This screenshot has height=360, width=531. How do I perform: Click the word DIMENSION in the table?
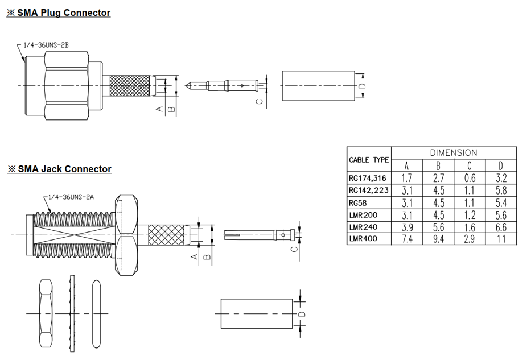coord(454,152)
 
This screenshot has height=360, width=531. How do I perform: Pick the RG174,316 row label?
coord(368,178)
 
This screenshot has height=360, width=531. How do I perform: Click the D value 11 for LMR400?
coord(501,239)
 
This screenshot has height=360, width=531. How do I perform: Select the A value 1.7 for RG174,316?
coord(407,178)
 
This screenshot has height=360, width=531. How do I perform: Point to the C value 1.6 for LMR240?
coord(470,227)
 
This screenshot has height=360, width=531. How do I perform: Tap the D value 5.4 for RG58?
coord(501,202)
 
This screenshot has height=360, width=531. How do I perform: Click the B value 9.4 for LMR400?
coord(438,239)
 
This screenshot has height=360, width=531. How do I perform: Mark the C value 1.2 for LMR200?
coord(470,215)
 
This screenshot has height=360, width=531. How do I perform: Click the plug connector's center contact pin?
coord(228,86)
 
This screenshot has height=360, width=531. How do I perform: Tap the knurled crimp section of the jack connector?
coord(168,234)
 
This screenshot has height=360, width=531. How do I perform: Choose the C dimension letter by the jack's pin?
coord(294,249)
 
